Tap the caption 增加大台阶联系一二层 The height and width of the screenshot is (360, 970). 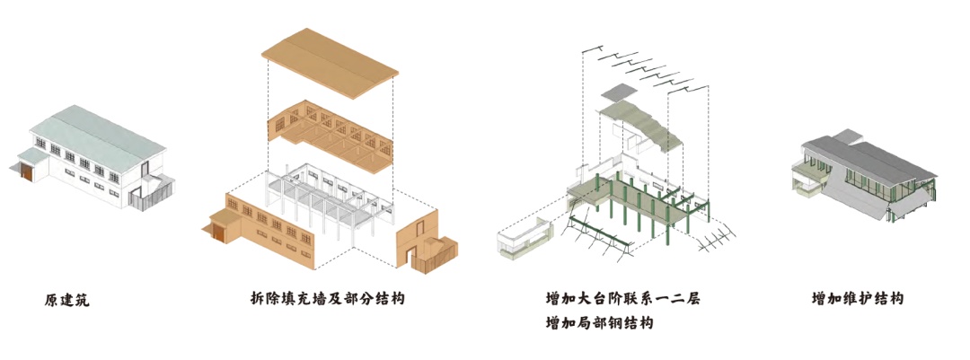click(x=622, y=298)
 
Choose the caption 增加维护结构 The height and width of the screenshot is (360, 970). click(x=857, y=298)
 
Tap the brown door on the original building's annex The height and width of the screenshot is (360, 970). click(x=27, y=173)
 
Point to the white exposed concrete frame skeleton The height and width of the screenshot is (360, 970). click(x=323, y=202)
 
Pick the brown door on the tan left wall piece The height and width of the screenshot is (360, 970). click(x=218, y=233)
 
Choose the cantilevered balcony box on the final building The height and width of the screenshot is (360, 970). click(x=807, y=184)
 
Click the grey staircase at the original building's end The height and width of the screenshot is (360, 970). click(x=147, y=192)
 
